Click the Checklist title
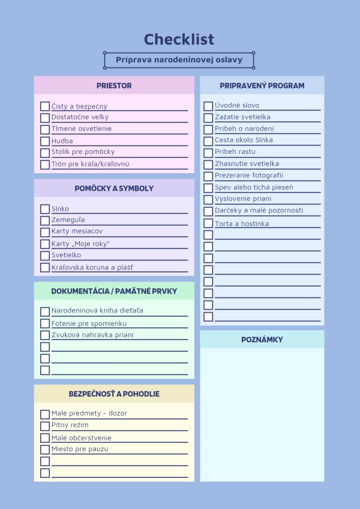[179, 39]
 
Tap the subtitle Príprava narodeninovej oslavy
[179, 60]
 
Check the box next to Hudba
[45, 141]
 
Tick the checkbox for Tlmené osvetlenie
[45, 130]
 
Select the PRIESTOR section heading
[114, 86]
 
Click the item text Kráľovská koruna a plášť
[92, 267]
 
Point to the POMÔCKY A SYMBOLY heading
[114, 188]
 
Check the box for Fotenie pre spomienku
[45, 324]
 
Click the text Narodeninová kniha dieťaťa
[97, 310]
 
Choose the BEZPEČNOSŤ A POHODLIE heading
[114, 394]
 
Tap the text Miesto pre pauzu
[80, 449]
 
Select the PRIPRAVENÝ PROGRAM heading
[262, 86]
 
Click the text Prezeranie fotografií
[249, 175]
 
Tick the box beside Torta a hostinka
[208, 223]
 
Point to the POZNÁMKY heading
[262, 340]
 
